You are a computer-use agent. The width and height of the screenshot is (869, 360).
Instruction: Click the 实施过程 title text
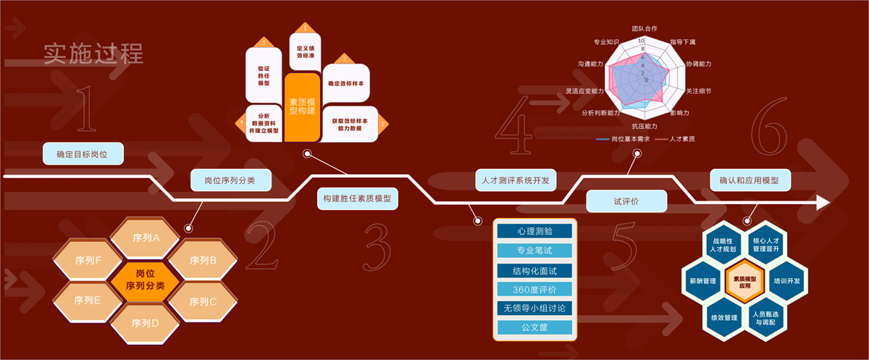point(93,54)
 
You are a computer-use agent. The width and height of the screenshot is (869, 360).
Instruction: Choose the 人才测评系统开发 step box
point(516,180)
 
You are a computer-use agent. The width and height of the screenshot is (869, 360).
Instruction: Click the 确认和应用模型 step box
point(750,180)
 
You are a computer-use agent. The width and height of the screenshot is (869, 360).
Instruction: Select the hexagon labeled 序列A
point(146,237)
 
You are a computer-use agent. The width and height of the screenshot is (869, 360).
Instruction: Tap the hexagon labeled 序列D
point(146,322)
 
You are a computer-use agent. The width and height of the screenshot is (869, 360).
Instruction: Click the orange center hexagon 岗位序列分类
point(146,280)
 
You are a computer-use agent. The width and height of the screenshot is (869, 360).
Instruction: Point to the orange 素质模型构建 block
point(302,106)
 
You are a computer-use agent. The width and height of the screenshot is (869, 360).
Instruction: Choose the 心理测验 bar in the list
point(534,231)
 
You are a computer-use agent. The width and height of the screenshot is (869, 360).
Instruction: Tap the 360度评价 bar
point(534,290)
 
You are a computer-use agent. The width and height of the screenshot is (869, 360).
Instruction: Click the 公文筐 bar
point(534,327)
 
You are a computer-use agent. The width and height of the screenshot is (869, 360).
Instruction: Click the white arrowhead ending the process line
point(822,202)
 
